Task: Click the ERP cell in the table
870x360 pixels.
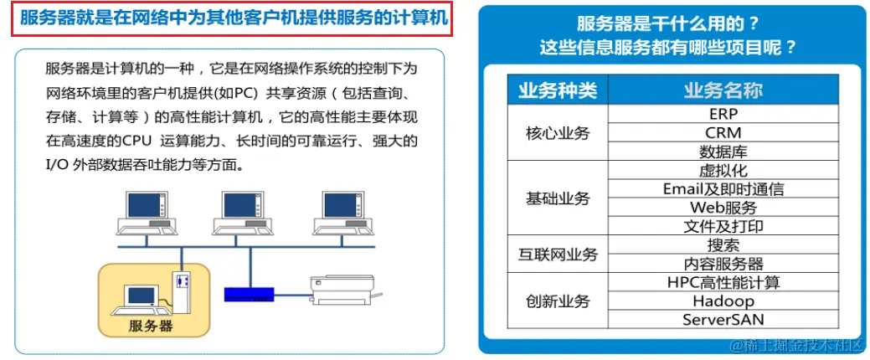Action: point(723,114)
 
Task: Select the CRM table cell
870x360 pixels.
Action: point(723,132)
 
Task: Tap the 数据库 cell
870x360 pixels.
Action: point(723,152)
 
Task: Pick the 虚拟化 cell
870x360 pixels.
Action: point(723,170)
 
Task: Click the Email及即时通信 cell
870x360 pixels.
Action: point(723,189)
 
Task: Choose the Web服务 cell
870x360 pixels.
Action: point(723,208)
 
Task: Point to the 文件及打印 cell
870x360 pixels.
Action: point(723,226)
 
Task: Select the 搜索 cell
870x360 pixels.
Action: point(723,244)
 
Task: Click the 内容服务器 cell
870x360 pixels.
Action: point(723,264)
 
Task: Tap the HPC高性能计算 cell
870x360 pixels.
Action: point(723,282)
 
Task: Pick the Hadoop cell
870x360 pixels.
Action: point(723,301)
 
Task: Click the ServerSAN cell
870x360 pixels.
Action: point(723,320)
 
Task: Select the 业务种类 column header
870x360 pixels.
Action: point(558,90)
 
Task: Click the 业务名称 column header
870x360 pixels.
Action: point(723,90)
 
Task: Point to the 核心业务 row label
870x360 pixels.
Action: point(558,133)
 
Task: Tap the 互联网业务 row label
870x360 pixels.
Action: point(558,254)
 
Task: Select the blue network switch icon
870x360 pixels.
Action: point(250,294)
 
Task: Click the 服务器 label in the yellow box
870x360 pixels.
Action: point(151,325)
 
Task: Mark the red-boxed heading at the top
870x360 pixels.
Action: point(233,18)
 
